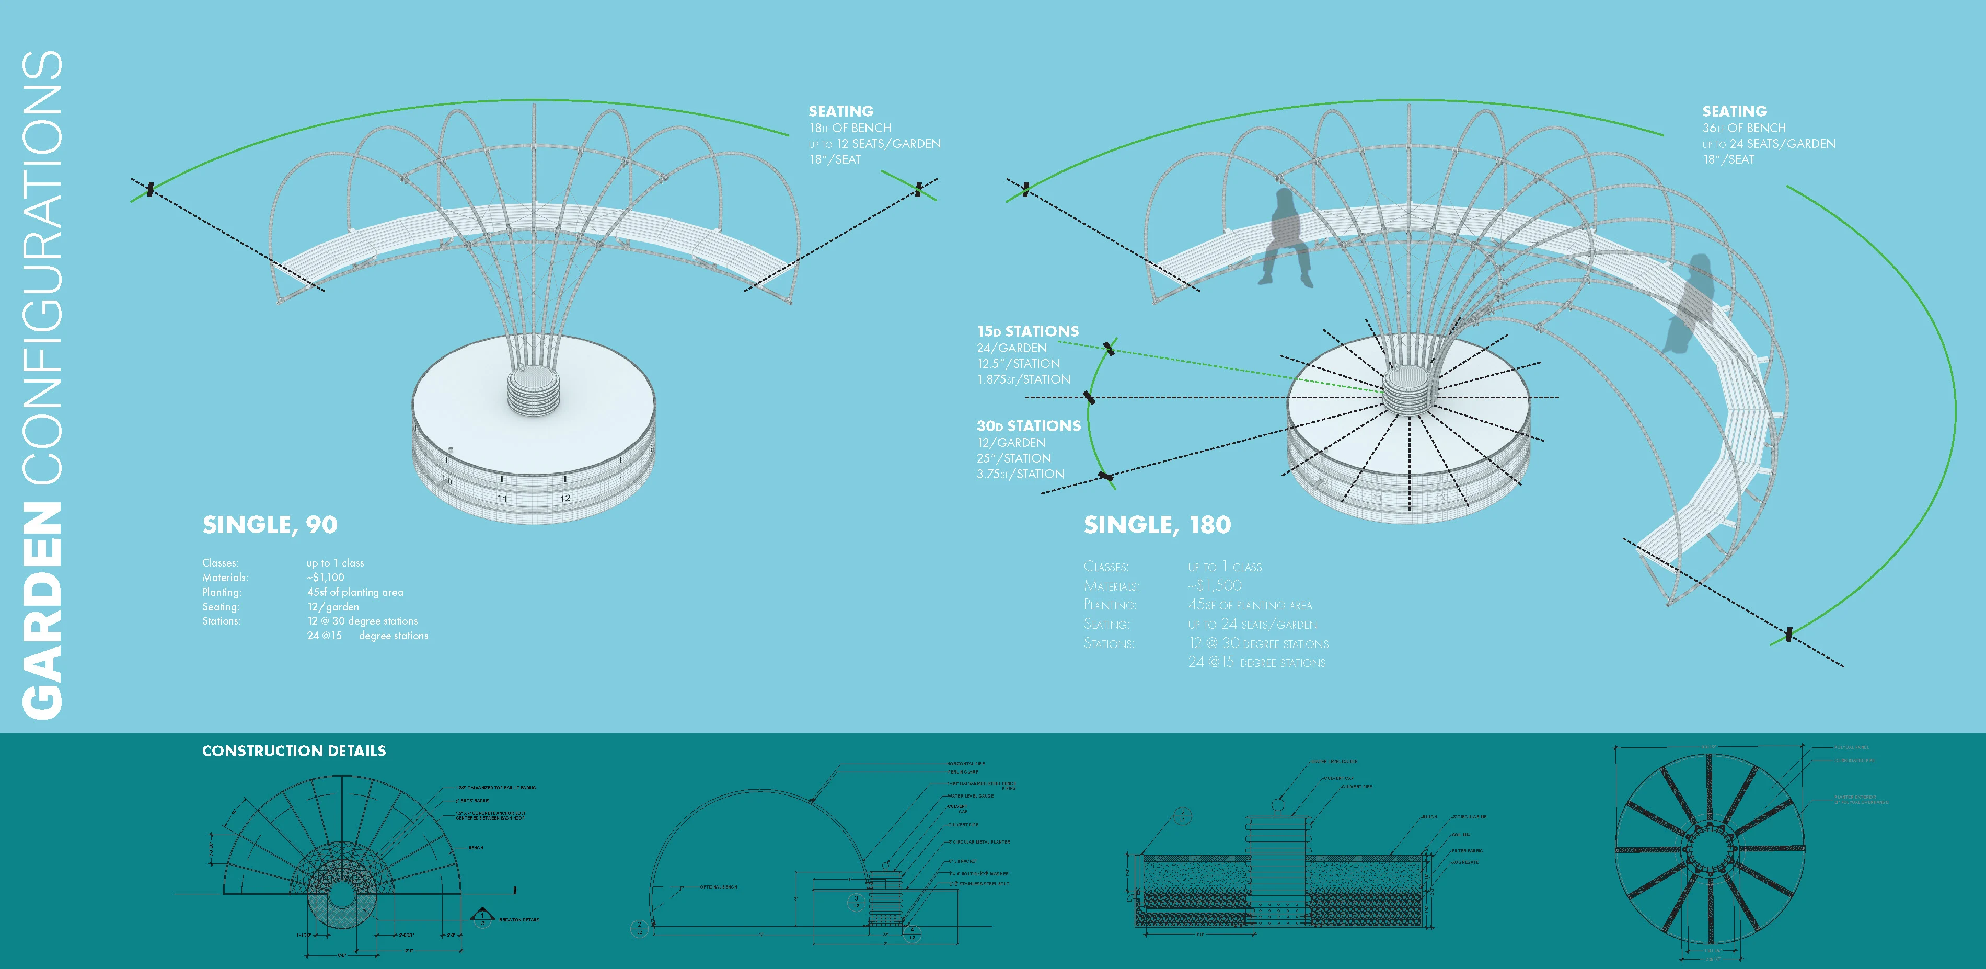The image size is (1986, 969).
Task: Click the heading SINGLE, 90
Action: coord(270,525)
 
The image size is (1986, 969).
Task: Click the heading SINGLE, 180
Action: coord(1157,525)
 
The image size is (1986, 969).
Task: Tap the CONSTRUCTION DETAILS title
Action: coord(294,751)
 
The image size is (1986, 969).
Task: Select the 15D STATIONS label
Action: coord(1027,331)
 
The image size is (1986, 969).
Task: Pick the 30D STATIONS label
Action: coord(1029,425)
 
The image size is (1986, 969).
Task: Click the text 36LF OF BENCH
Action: coord(1744,128)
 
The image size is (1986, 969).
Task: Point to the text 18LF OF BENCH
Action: coord(850,128)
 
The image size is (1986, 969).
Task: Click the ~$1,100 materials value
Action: coord(326,578)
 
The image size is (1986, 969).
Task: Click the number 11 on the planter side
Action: coord(502,499)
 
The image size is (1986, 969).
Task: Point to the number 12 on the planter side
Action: coord(565,498)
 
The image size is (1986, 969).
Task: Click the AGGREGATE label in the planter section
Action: coord(1465,862)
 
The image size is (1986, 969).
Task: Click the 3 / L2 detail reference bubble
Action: coord(856,901)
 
